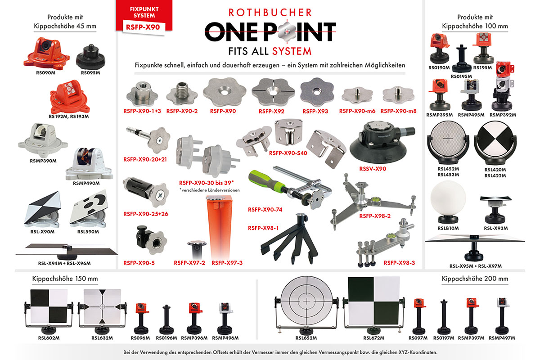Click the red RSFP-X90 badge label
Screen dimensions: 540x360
click(x=143, y=27)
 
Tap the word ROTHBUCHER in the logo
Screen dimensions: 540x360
click(x=270, y=13)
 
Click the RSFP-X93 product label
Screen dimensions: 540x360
click(x=315, y=112)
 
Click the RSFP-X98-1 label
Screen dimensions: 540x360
click(x=263, y=228)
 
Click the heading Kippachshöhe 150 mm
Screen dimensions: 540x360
click(x=65, y=279)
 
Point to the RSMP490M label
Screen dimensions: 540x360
click(x=86, y=183)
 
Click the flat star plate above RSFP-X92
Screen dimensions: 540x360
click(x=273, y=92)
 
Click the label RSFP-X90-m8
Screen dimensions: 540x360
click(x=399, y=111)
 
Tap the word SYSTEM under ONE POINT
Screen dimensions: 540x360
click(x=292, y=51)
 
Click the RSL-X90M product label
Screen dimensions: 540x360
click(x=42, y=232)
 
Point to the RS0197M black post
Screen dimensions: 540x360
click(x=444, y=316)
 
